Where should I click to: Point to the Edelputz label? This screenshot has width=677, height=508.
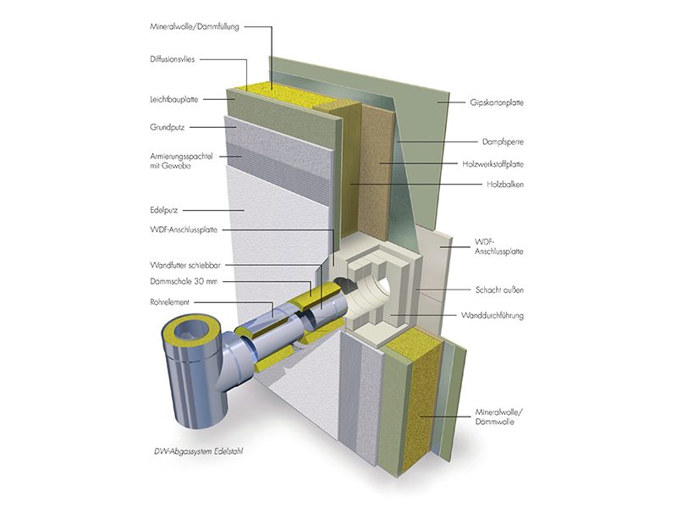pos(162,208)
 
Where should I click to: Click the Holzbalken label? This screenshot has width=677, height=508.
pos(502,184)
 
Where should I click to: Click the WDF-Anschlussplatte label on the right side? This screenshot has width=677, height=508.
pos(500,246)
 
